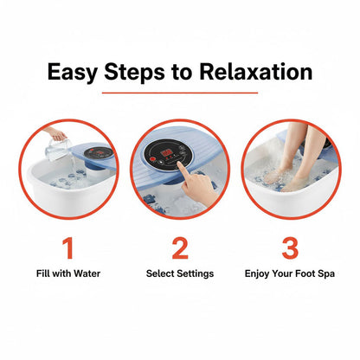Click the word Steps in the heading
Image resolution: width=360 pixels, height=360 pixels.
click(138, 72)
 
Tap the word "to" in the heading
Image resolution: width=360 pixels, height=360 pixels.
click(186, 72)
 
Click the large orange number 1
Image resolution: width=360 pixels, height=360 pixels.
click(67, 248)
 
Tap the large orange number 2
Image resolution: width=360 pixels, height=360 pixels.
click(180, 248)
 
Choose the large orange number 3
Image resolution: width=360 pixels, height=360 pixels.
click(291, 248)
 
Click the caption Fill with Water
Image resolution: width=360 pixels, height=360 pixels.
click(67, 274)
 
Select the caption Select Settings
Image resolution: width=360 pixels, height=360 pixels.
click(180, 274)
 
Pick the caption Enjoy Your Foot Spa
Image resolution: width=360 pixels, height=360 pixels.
click(292, 274)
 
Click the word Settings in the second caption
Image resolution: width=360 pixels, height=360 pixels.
click(195, 274)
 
